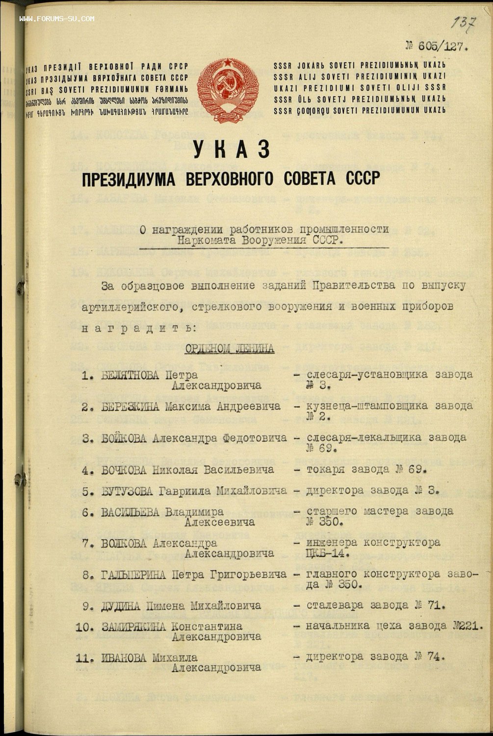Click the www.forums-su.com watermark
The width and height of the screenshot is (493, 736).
(57, 19)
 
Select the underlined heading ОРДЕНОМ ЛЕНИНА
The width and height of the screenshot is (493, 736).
(229, 349)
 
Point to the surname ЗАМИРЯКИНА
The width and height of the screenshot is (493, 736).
(134, 627)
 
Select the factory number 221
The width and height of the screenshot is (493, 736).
(470, 626)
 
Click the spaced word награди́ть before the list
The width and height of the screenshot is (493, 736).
(132, 327)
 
